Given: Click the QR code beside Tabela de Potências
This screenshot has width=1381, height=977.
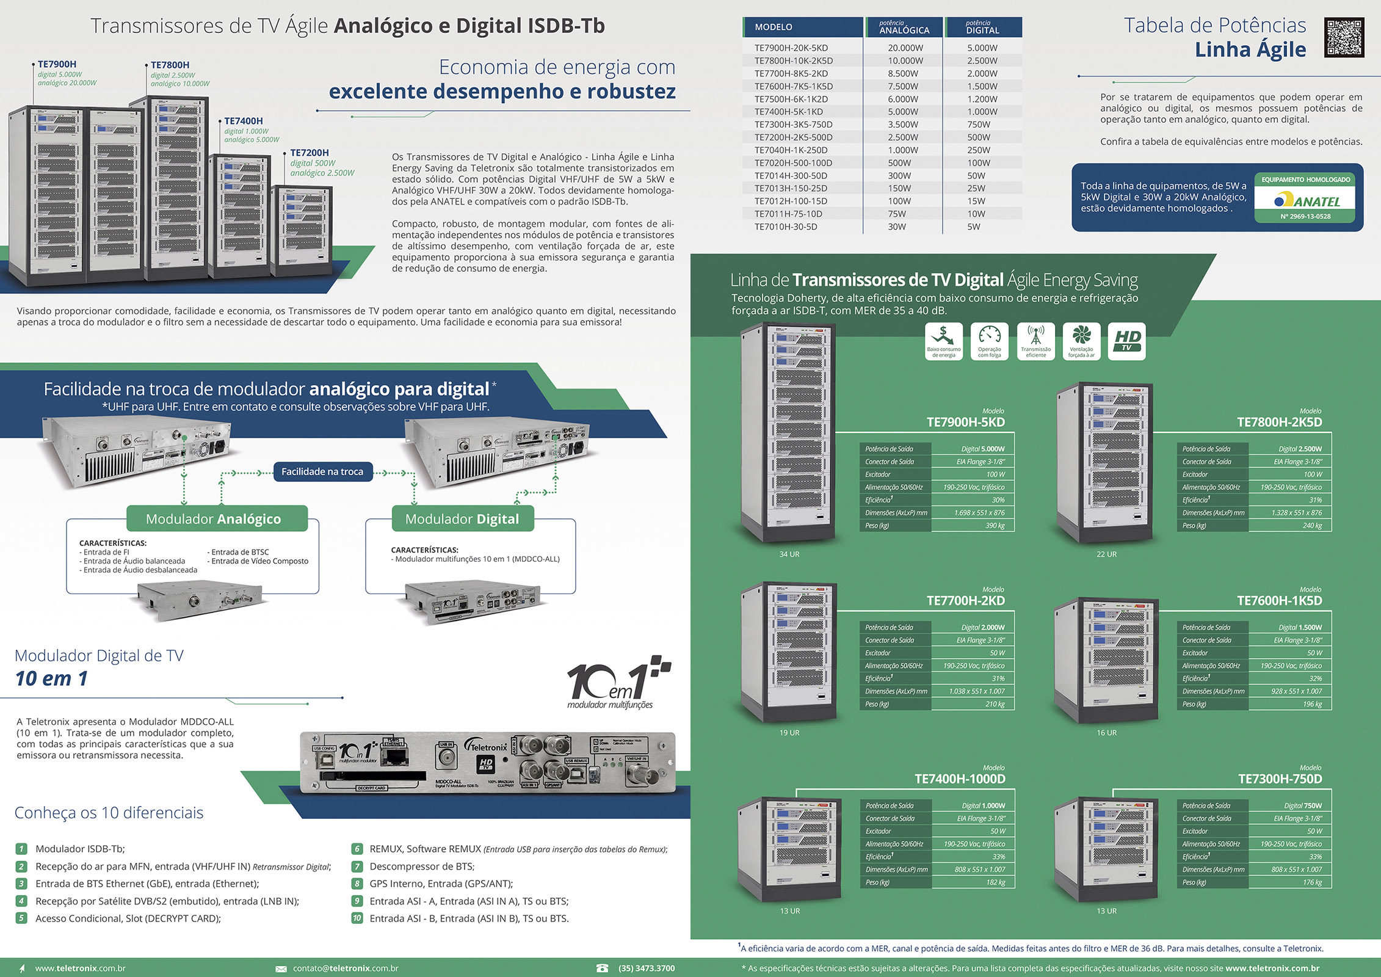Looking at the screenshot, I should (1344, 38).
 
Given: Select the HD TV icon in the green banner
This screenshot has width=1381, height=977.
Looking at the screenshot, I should (1126, 341).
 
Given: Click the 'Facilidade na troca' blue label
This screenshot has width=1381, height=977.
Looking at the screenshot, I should (322, 471).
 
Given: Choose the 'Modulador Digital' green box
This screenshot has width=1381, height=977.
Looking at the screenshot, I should (462, 519).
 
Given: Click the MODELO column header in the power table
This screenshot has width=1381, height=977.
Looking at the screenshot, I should (774, 27).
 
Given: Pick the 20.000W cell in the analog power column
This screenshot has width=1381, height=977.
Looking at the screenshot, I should (905, 48).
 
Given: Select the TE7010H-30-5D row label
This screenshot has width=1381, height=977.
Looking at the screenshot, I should (786, 227).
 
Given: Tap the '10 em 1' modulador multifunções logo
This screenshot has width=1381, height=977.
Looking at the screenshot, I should (617, 682).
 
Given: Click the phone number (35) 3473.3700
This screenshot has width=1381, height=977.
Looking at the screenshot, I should (647, 968).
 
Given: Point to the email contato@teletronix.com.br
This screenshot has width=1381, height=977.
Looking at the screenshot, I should (346, 968).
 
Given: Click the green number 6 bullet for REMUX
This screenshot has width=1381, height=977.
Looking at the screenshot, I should (357, 849).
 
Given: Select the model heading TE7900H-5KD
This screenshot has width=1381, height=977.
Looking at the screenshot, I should (965, 422).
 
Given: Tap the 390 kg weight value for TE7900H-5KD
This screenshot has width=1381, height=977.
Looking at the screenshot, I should (995, 526).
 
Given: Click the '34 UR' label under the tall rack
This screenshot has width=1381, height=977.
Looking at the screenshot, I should (789, 554).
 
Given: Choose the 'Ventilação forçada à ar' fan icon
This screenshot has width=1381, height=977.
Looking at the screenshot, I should (1081, 341).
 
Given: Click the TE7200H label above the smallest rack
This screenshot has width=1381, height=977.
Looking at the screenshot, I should (309, 153).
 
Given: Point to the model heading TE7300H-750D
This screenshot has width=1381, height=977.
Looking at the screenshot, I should (1280, 779).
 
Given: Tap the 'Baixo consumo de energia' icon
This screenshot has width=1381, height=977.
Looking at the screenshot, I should (943, 341).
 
